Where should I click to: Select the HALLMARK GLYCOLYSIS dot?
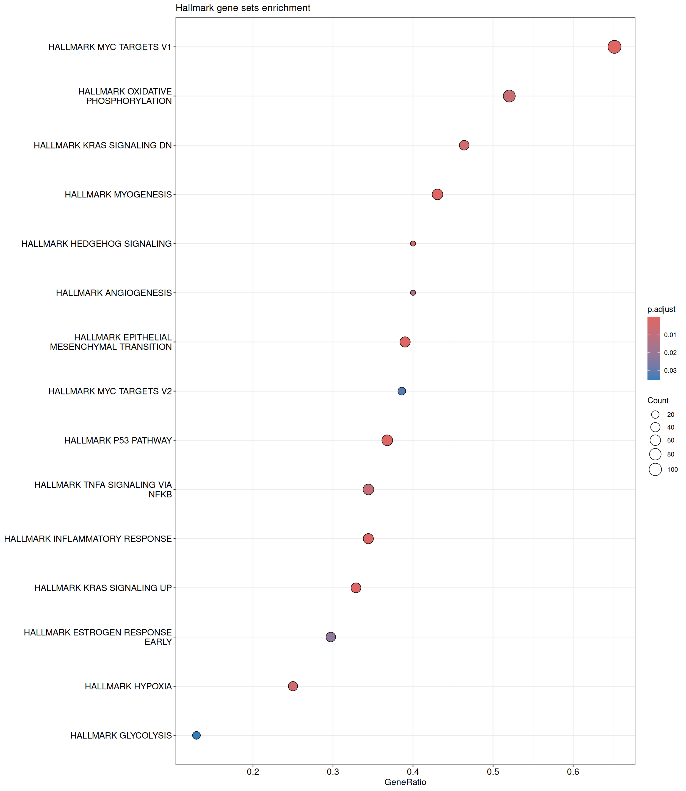(x=197, y=735)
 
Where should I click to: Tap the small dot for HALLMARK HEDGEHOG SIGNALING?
(x=413, y=244)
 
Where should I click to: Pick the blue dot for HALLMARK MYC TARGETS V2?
(x=402, y=391)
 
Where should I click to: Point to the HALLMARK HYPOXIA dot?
(x=293, y=686)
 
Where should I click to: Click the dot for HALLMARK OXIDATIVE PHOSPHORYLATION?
(x=509, y=96)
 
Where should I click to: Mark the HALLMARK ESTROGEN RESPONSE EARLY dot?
(x=331, y=637)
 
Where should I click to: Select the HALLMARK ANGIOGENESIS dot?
(x=413, y=293)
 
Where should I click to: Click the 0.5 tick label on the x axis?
(x=493, y=772)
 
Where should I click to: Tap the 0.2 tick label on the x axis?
(x=253, y=772)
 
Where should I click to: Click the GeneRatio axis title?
(x=405, y=782)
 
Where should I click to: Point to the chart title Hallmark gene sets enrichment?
(x=243, y=8)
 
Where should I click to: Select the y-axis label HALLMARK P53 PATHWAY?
(x=118, y=440)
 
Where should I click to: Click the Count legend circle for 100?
(x=655, y=469)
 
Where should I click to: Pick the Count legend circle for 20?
(x=655, y=415)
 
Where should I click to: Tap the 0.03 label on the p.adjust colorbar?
(x=670, y=370)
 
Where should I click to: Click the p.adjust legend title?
(x=661, y=309)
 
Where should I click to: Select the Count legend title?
(x=658, y=400)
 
